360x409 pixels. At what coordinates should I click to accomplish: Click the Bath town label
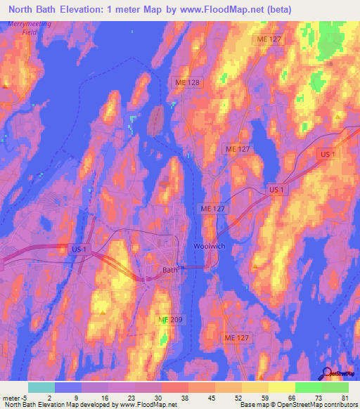coord(169,269)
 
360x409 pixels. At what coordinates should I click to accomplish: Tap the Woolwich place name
coord(207,246)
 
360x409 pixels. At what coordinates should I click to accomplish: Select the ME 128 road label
coord(188,82)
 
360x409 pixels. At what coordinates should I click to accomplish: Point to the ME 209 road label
coord(171,320)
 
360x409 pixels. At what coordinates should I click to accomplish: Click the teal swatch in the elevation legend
coord(41,387)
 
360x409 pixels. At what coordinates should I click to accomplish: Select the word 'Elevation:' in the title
coord(91,10)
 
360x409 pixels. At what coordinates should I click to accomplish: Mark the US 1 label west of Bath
coord(79,249)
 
